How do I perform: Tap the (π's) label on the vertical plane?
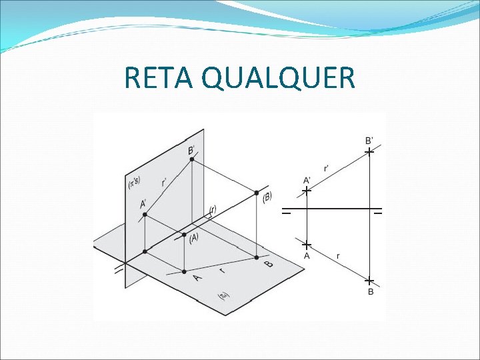point(134,182)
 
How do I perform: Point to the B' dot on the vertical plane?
point(192,160)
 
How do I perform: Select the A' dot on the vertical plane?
point(145,215)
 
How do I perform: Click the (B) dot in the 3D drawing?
point(257,193)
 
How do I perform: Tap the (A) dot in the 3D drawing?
point(184,234)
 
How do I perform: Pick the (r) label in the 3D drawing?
point(212,210)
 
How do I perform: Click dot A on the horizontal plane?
point(184,271)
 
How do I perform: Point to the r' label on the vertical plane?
point(164,181)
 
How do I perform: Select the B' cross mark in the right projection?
point(369,153)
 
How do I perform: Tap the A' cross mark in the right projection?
point(306,191)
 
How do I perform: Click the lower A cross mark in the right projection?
point(306,244)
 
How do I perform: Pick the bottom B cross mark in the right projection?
point(369,281)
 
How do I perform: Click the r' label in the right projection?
point(326,169)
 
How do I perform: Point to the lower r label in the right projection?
point(338,255)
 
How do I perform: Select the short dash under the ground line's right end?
point(378,215)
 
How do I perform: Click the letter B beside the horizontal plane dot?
point(269,264)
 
